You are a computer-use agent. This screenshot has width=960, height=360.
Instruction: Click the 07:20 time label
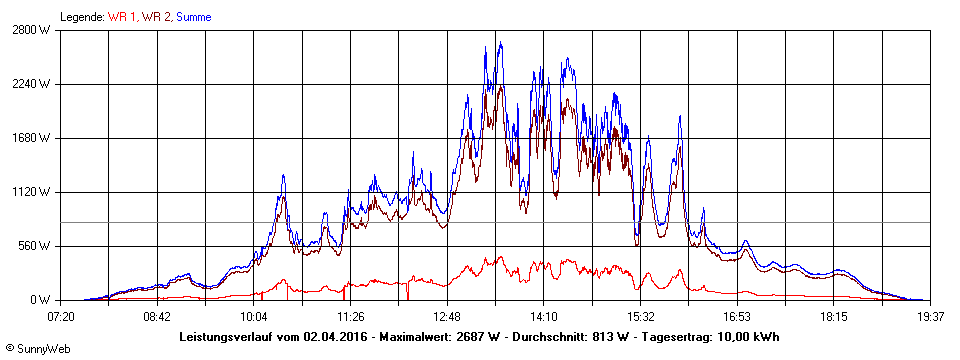[61, 316]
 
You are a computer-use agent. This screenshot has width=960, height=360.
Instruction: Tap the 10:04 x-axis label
[254, 316]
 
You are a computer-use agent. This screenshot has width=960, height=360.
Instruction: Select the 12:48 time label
[447, 316]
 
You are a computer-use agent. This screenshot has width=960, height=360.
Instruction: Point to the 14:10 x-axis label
[544, 316]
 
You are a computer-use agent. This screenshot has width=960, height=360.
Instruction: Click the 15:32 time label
[640, 316]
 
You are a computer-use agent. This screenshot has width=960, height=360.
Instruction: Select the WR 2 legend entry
[156, 17]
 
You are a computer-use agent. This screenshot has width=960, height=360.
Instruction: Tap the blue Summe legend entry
[193, 17]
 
